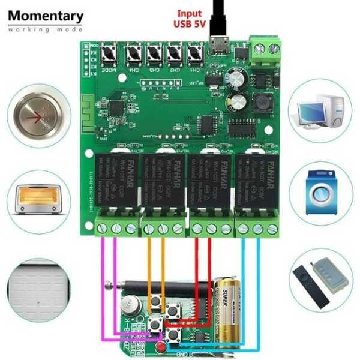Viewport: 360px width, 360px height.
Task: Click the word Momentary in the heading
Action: pyautogui.click(x=46, y=16)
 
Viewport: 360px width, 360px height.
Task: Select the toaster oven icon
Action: pyautogui.click(x=38, y=199)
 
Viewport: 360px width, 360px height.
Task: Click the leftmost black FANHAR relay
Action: pyautogui.click(x=116, y=183)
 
